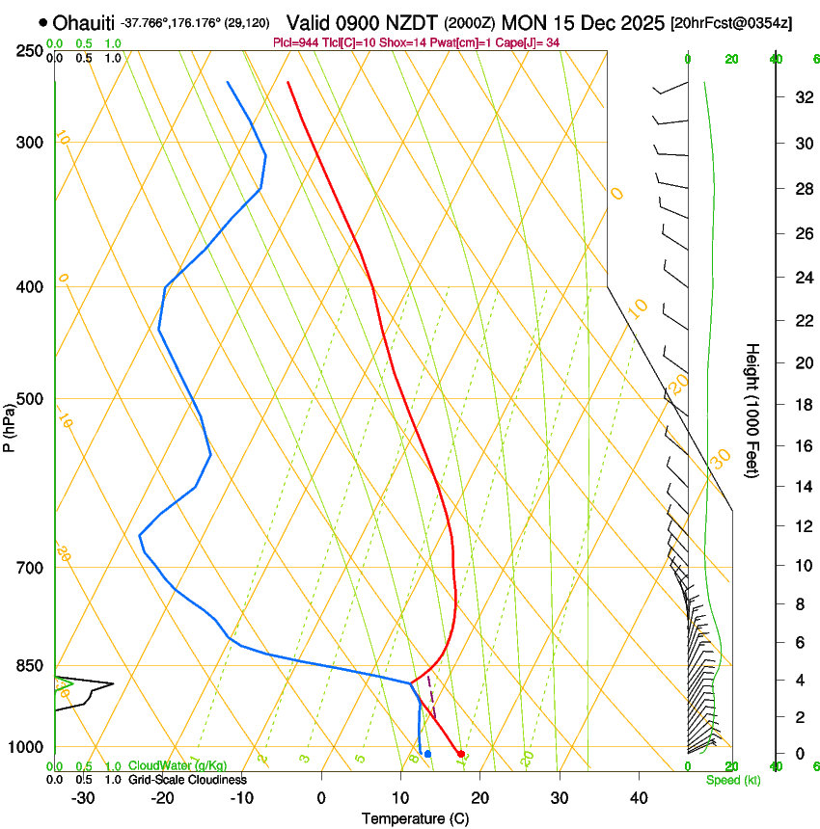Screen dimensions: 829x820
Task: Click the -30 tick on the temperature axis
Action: coord(83,797)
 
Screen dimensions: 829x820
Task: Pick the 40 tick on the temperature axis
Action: coord(638,797)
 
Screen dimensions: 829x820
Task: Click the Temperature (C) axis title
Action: coord(415,818)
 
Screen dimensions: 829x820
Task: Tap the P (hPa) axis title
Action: coord(10,423)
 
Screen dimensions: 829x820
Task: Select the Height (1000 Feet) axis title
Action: coord(752,410)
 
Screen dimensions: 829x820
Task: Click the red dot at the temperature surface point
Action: coord(461,754)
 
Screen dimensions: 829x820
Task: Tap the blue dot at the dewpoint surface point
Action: coord(427,754)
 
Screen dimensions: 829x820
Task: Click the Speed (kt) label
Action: coord(733,780)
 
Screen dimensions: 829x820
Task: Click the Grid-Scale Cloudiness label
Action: coord(187,780)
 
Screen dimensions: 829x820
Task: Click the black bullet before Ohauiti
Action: coord(43,22)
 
